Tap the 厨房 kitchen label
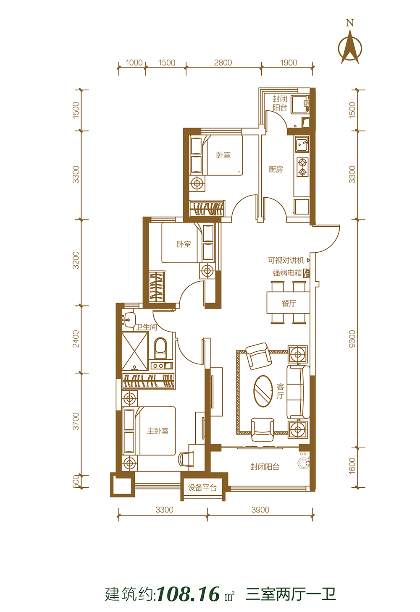click(276, 170)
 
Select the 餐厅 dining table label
click(289, 303)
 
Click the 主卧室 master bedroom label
click(158, 431)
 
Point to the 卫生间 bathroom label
click(146, 327)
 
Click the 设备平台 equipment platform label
click(202, 487)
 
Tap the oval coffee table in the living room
click(263, 391)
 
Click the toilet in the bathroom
click(160, 348)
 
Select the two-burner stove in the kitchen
click(302, 167)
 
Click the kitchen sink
click(302, 144)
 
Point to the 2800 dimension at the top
click(223, 63)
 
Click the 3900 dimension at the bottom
click(260, 510)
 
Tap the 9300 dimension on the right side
click(352, 339)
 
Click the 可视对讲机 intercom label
click(286, 260)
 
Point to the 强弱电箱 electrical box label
click(287, 273)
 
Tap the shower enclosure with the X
click(135, 351)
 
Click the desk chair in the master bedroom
click(186, 459)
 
